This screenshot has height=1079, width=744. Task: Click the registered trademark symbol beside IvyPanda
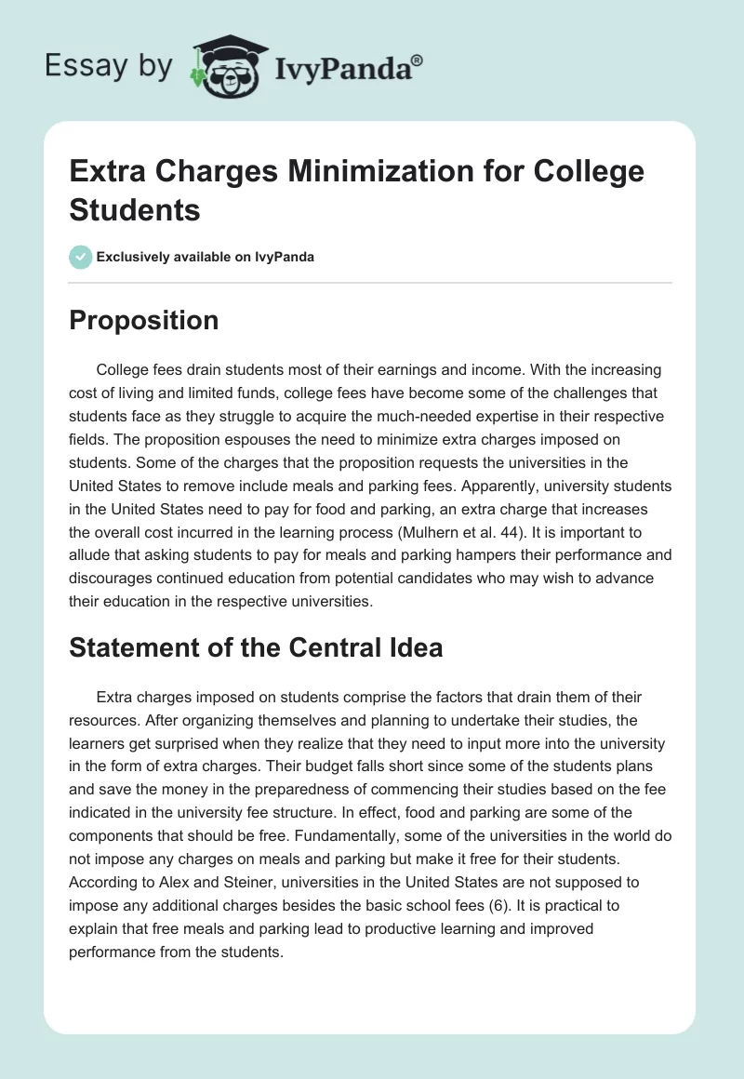418,60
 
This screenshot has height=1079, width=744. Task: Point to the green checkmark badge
80,257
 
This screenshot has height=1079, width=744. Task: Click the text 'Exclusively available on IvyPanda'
206,257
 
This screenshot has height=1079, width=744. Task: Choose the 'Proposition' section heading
144,320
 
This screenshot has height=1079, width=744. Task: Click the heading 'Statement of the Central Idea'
256,647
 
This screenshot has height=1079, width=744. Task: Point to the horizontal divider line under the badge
371,282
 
